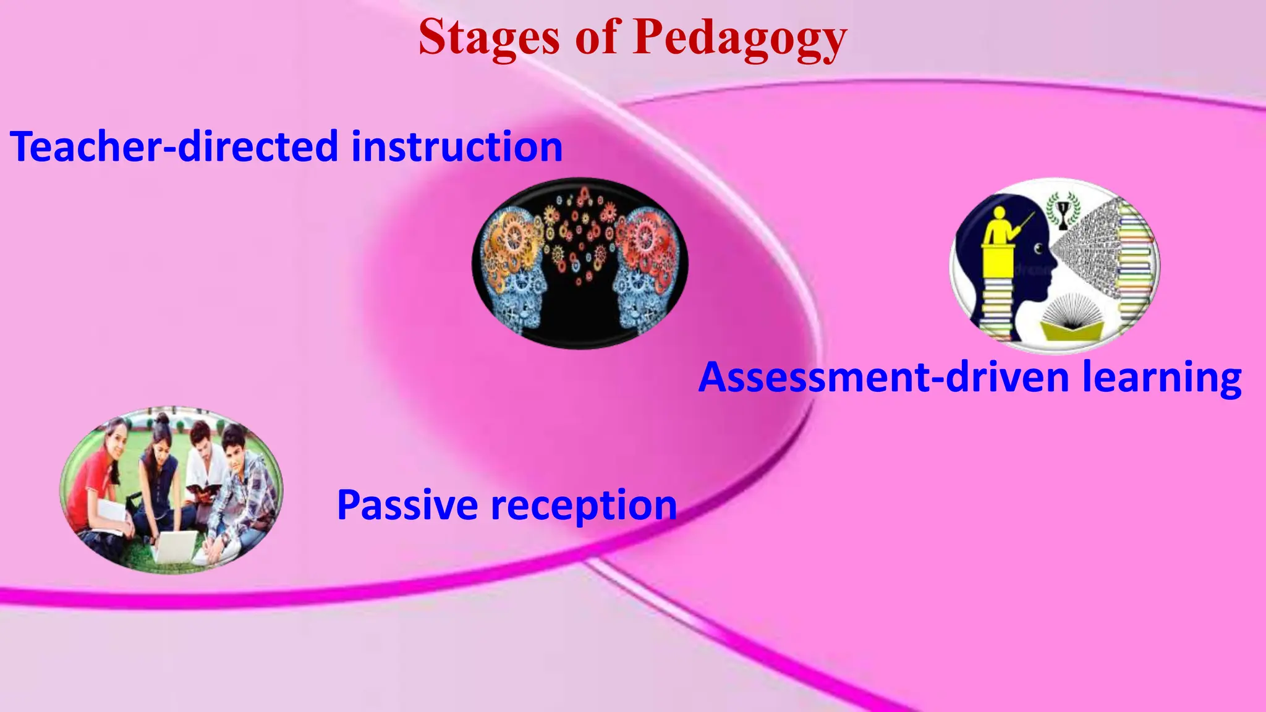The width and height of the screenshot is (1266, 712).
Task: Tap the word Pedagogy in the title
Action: (740, 38)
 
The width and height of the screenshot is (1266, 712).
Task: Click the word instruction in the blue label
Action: (457, 146)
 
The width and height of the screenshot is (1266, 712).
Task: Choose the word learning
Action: (1162, 378)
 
